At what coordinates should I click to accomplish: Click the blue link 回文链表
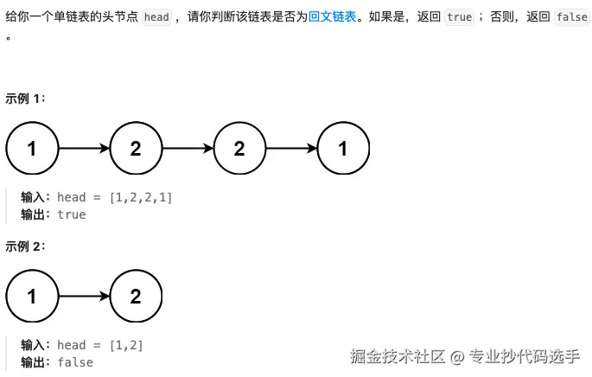pyautogui.click(x=332, y=16)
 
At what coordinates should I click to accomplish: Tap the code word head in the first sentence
pyautogui.click(x=156, y=17)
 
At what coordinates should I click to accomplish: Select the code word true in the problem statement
pyautogui.click(x=459, y=17)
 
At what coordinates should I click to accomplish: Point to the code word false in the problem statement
pyautogui.click(x=572, y=17)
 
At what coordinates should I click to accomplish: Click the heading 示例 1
pyautogui.click(x=25, y=99)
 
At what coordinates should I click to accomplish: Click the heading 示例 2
pyautogui.click(x=25, y=246)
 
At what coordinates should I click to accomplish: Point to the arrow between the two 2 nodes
pyautogui.click(x=188, y=148)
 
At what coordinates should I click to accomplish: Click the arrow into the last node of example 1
pyautogui.click(x=292, y=148)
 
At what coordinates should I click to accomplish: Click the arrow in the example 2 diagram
pyautogui.click(x=84, y=296)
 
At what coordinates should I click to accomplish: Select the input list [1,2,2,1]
pyautogui.click(x=141, y=197)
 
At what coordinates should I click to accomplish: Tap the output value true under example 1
pyautogui.click(x=72, y=214)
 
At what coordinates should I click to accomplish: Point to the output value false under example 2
pyautogui.click(x=75, y=362)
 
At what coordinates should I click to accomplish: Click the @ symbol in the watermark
pyautogui.click(x=457, y=356)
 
